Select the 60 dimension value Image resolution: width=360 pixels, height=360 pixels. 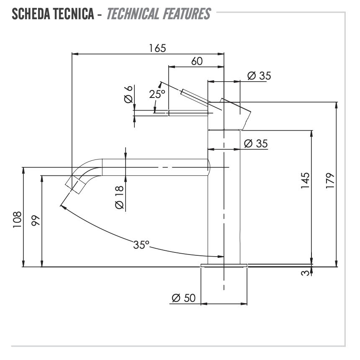pos(197,61)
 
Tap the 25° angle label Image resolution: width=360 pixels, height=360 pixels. pos(157,94)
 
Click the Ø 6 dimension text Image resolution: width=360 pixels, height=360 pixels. pos(129,94)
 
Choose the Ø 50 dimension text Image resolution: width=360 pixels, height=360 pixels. pos(184,298)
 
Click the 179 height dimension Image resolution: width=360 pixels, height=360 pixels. pos(330,181)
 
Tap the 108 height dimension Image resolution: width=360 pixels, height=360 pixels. pos(17,219)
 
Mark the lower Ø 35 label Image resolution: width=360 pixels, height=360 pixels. pos(255,144)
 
